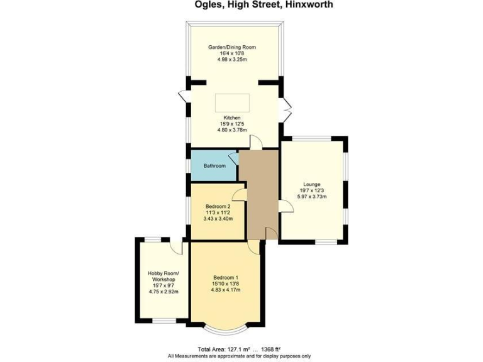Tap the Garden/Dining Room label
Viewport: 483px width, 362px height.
(x=232, y=47)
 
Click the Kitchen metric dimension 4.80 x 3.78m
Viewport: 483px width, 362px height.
(x=232, y=130)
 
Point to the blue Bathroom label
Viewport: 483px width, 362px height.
(x=214, y=166)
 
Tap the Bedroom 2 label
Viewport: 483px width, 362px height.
(x=218, y=207)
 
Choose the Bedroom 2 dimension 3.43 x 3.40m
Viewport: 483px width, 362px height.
(x=218, y=219)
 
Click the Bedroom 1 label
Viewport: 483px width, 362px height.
(x=225, y=278)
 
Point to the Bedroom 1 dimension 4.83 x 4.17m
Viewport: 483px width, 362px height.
(x=225, y=290)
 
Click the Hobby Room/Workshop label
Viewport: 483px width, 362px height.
(x=164, y=276)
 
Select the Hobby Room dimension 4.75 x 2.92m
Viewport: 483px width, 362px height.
(x=164, y=292)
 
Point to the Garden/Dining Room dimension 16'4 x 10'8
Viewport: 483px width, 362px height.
(x=232, y=53)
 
